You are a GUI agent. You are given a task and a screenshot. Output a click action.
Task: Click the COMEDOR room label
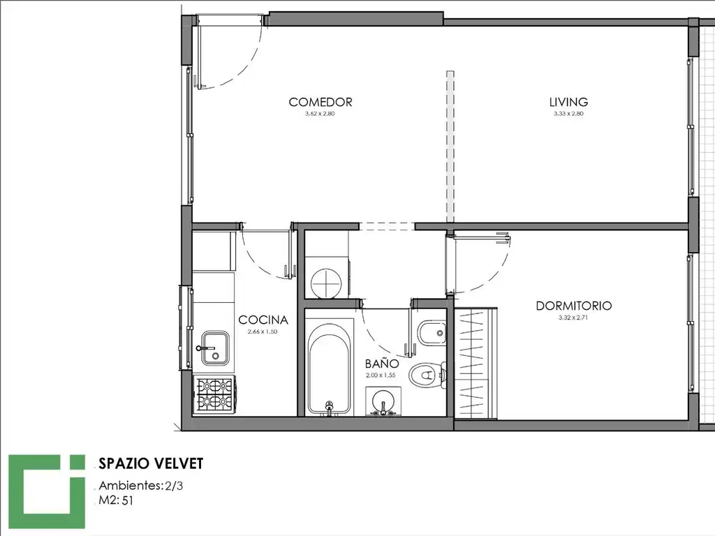[x=320, y=102]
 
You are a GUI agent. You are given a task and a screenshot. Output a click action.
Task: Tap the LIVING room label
[x=568, y=102]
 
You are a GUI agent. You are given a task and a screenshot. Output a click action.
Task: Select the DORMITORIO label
[x=574, y=306]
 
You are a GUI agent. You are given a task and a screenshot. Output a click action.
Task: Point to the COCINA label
[x=263, y=320]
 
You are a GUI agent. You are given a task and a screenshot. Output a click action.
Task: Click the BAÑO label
[x=382, y=363]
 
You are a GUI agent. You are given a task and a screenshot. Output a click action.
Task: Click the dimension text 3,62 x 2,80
[x=320, y=114]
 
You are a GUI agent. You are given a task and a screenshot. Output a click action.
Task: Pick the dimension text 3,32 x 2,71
[x=573, y=318]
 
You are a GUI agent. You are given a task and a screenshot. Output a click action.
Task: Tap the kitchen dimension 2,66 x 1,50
[x=263, y=332]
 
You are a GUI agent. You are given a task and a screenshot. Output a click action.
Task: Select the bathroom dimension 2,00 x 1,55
[x=381, y=375]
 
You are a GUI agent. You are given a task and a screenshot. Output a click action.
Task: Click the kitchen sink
[x=215, y=348]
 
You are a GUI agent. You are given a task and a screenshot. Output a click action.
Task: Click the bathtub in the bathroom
[x=330, y=368]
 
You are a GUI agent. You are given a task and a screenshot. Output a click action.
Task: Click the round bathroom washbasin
[x=383, y=402]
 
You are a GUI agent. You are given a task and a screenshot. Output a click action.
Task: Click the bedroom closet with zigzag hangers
[x=476, y=363]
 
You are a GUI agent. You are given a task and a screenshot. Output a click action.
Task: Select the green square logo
[x=47, y=491]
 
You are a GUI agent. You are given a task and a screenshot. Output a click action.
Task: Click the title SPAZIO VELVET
[x=151, y=463]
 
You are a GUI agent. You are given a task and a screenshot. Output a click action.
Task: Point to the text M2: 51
[x=116, y=500]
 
